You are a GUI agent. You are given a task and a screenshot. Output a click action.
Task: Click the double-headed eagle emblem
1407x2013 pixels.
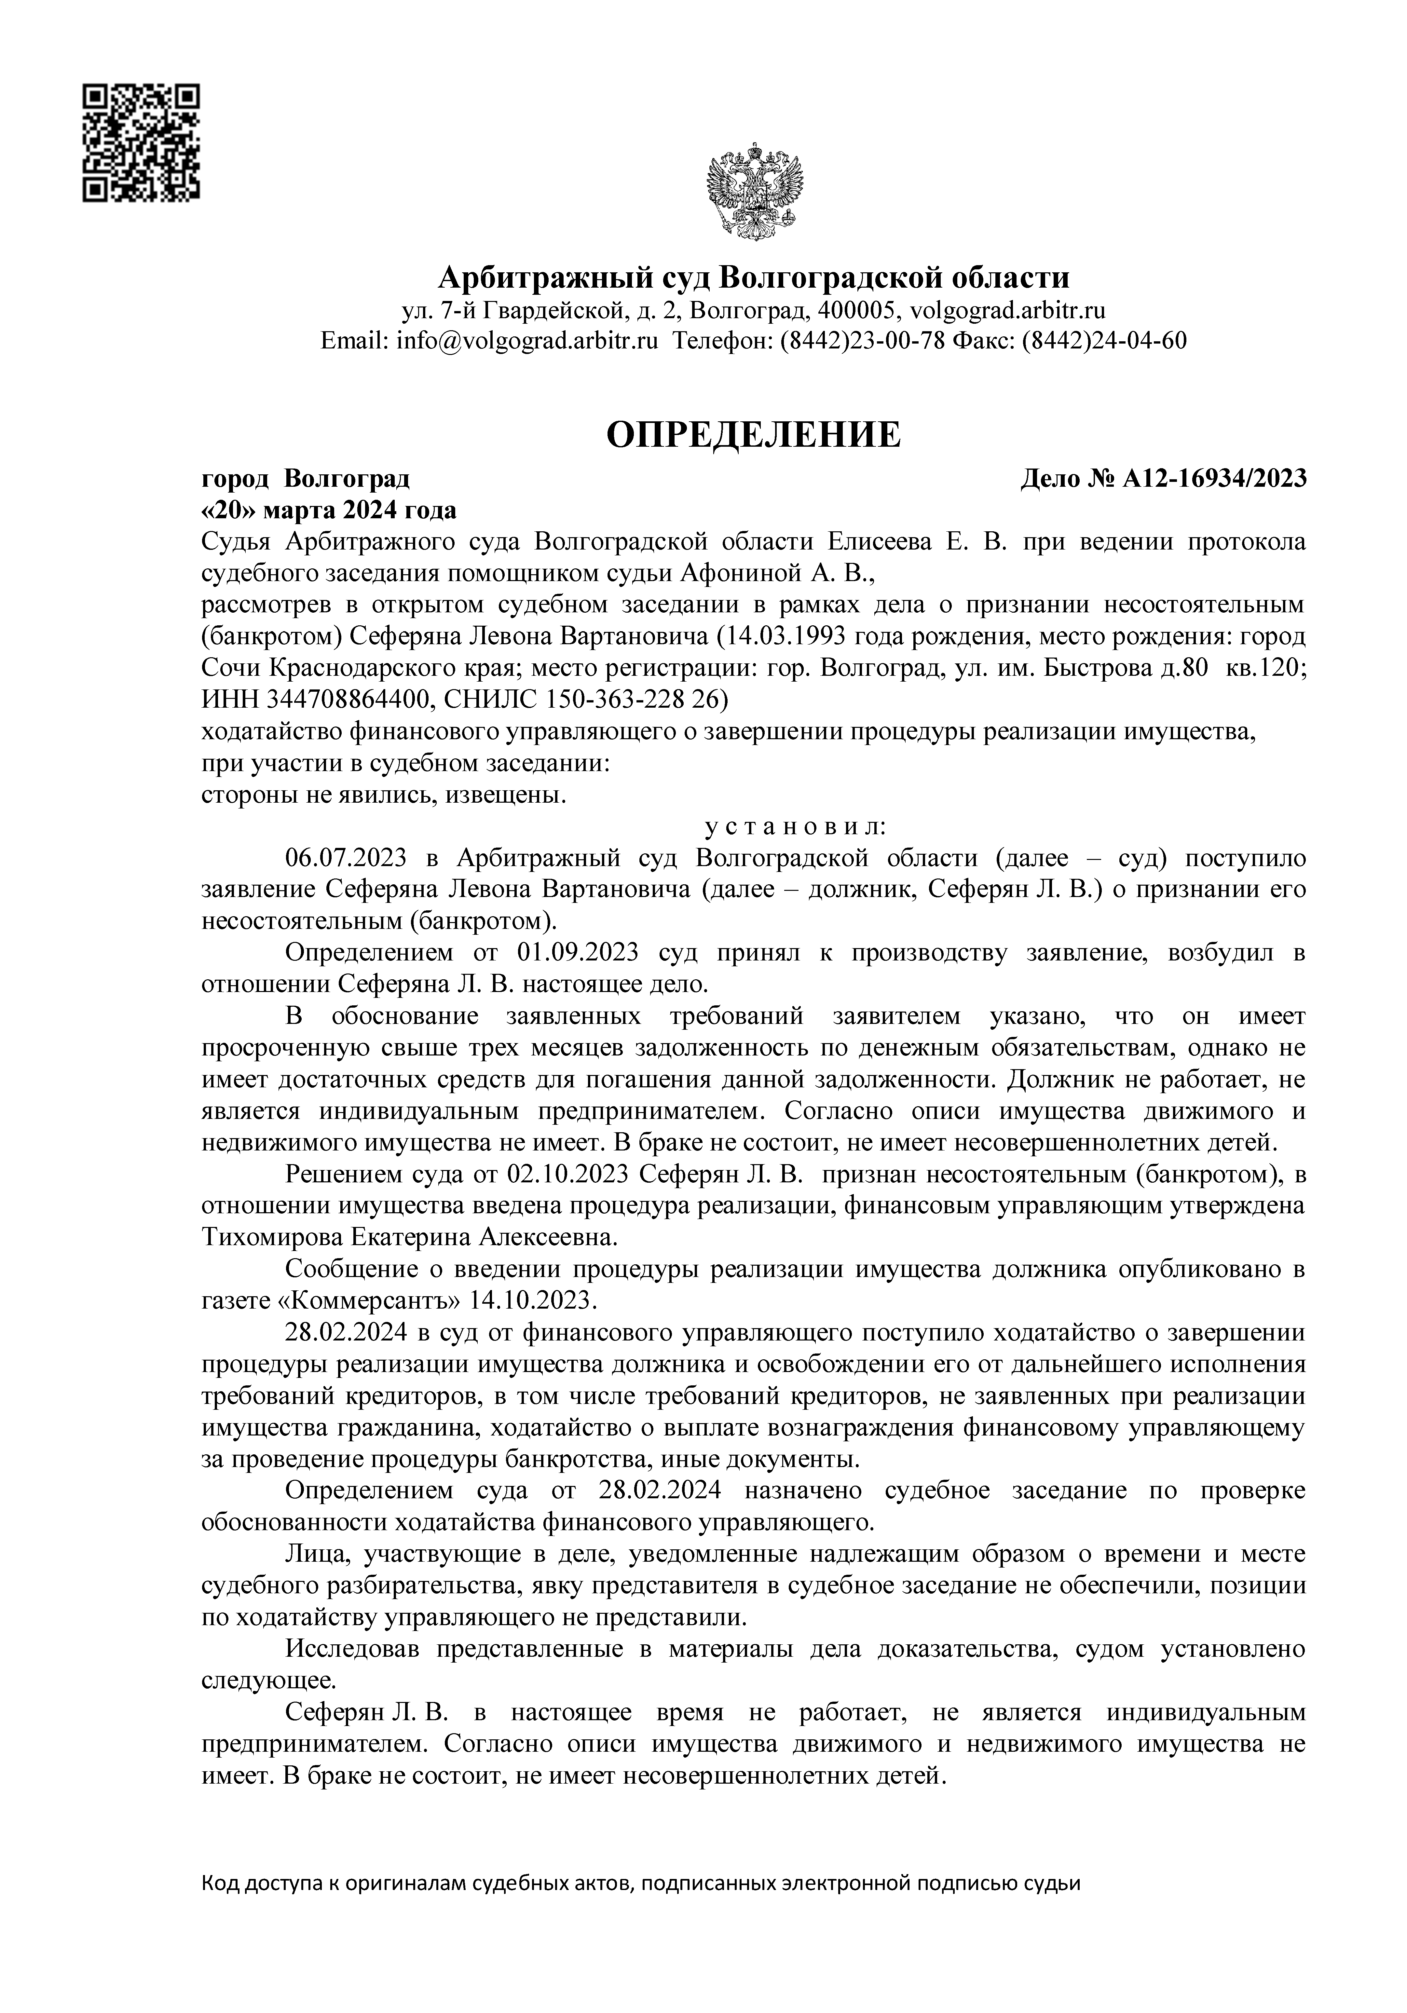[755, 193]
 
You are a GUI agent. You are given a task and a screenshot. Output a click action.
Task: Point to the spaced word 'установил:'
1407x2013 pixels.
[796, 827]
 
